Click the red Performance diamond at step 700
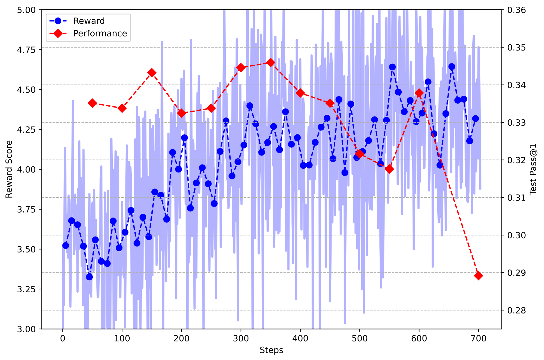(478, 275)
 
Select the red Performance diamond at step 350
(271, 63)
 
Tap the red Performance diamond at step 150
(152, 72)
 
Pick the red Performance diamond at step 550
(390, 169)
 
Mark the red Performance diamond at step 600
(419, 93)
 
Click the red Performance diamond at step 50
(92, 103)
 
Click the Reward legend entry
(89, 21)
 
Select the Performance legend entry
(100, 33)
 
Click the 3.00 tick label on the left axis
(27, 329)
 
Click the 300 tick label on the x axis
(241, 339)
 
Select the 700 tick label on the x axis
(478, 339)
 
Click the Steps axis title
(271, 350)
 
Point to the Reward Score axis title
(9, 169)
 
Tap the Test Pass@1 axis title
(533, 169)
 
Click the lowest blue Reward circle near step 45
(89, 277)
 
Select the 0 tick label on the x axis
(63, 339)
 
